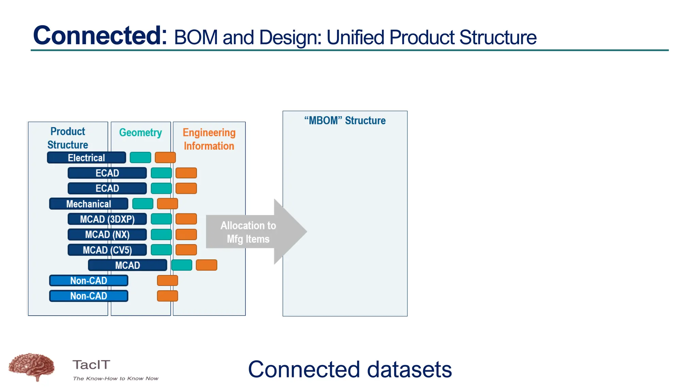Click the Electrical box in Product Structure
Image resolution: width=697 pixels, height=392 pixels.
[x=86, y=158]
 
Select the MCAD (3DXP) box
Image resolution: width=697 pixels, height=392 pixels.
[x=107, y=219]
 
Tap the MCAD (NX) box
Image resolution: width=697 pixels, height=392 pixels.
[x=107, y=234]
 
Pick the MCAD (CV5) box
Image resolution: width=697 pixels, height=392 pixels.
[x=107, y=250]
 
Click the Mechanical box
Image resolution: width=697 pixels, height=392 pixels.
[x=88, y=204]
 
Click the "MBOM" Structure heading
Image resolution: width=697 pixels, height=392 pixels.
[x=345, y=120]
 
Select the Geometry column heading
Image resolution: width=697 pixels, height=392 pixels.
[x=140, y=132]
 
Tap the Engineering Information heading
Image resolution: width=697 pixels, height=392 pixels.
[x=209, y=139]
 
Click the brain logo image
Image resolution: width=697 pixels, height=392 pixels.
[x=31, y=367]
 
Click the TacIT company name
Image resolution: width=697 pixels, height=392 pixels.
[x=91, y=365]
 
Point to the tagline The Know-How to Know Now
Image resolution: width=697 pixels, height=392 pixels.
[x=115, y=378]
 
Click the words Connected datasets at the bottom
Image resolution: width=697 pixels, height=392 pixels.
[x=350, y=370]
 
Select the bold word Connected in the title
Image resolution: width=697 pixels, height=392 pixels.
[x=100, y=35]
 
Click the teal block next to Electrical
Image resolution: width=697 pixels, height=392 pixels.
[x=140, y=158]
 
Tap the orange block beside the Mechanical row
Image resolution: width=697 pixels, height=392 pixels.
[x=167, y=204]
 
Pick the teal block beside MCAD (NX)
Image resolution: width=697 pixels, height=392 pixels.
[x=161, y=234]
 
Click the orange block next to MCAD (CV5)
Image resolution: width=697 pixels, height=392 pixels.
[x=186, y=250]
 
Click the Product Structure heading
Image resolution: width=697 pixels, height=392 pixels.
[x=68, y=138]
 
